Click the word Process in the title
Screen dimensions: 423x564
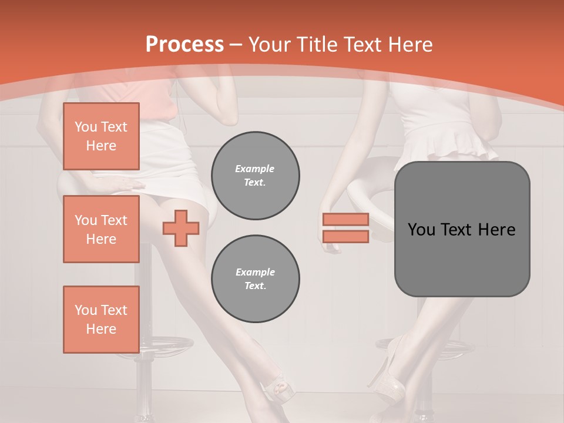click(x=184, y=45)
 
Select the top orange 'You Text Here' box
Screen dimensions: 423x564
click(x=101, y=136)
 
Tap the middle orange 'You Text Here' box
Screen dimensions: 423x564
click(x=101, y=229)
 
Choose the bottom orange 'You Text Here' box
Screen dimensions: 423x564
click(x=101, y=320)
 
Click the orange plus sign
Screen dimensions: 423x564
click(x=181, y=228)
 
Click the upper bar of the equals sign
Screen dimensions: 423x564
click(x=345, y=219)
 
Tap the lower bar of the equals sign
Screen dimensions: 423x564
click(x=345, y=236)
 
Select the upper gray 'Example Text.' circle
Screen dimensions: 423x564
click(x=255, y=176)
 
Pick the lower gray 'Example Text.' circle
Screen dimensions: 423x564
click(x=255, y=279)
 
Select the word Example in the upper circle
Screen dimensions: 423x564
click(x=255, y=169)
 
